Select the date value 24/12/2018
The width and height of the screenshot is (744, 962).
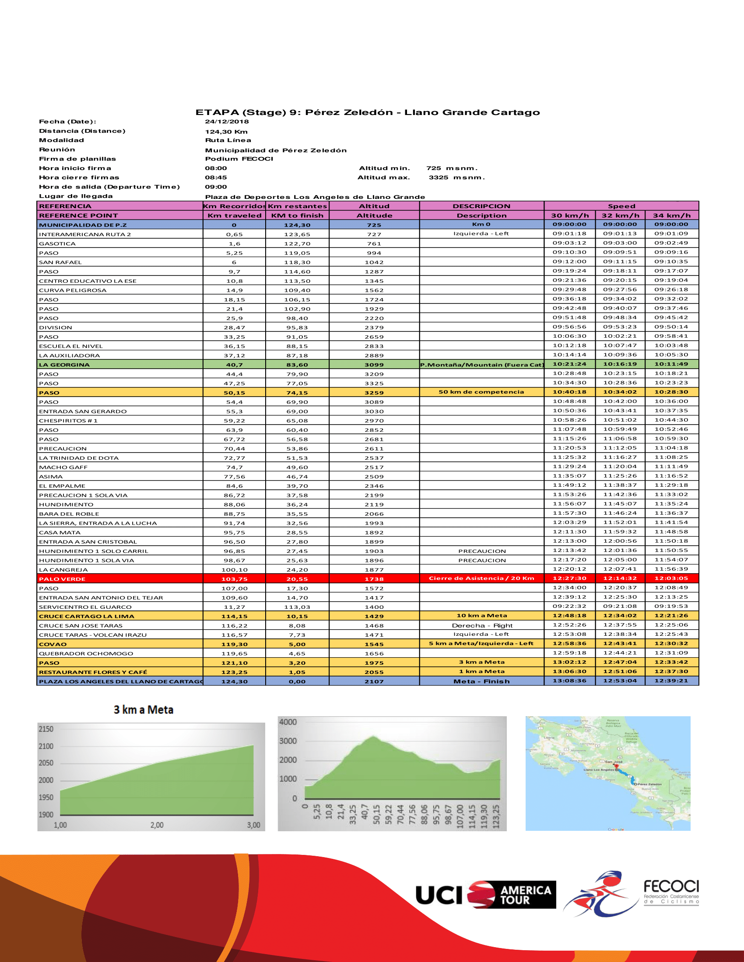[227, 122]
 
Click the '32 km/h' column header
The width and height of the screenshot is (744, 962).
[620, 216]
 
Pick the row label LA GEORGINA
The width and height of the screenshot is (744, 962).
[64, 365]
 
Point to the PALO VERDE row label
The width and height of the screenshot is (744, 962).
[62, 579]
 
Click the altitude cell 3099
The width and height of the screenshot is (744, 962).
[374, 365]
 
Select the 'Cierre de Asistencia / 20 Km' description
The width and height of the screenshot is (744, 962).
[481, 579]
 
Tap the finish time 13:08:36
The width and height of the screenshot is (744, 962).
[569, 680]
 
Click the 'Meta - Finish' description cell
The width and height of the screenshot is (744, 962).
[481, 681]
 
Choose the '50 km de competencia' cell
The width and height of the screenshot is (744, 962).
[481, 392]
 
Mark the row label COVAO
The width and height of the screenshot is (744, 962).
[53, 644]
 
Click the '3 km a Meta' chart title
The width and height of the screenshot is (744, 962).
[143, 710]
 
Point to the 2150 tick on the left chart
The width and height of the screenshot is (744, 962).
[46, 729]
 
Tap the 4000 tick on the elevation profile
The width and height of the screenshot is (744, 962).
[288, 722]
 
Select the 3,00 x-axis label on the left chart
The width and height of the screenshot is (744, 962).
[253, 825]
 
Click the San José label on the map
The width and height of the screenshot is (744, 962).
[614, 762]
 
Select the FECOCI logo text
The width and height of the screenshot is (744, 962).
[671, 886]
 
